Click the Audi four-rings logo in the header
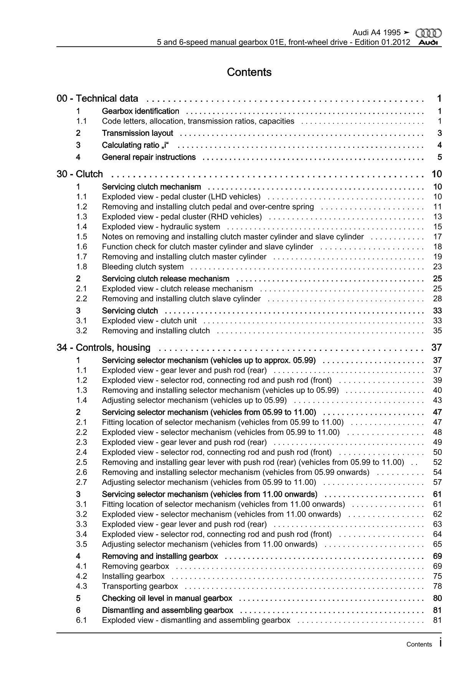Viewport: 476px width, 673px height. coord(429,33)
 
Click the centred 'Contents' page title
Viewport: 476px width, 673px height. coord(249,72)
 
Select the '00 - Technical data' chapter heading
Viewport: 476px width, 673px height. coord(98,99)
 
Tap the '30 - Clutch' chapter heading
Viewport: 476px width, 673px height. coord(80,174)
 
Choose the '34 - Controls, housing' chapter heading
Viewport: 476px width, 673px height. coord(104,348)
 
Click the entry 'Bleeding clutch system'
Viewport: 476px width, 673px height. coord(143,267)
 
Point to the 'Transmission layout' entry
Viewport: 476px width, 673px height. coord(137,133)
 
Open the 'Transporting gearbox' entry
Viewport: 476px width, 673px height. coord(140,586)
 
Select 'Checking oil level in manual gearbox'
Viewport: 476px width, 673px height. coord(167,598)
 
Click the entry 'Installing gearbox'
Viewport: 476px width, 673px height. coord(133,576)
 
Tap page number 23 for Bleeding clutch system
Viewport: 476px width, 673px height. coord(437,267)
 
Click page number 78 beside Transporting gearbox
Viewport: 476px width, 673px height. coord(437,586)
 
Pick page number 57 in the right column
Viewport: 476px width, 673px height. coord(437,482)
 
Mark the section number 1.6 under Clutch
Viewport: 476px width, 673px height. coord(81,247)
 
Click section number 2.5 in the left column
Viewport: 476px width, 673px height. coord(81,462)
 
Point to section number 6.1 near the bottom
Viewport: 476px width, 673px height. coord(81,620)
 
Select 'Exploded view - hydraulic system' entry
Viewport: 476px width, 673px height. coord(161,227)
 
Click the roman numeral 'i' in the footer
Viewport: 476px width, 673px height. coord(440,643)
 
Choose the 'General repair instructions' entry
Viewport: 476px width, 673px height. coord(149,157)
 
